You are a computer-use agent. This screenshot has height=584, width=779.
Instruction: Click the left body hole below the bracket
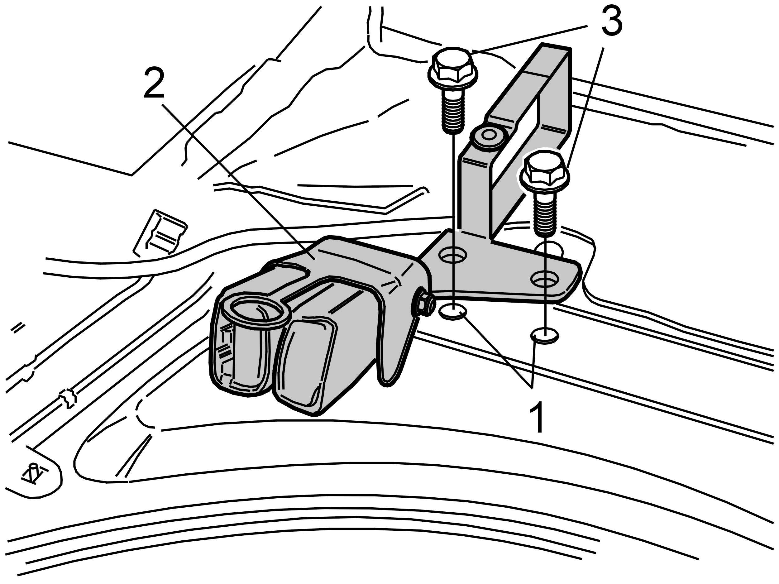click(x=453, y=312)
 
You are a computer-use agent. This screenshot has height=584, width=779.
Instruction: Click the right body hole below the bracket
click(x=544, y=335)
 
